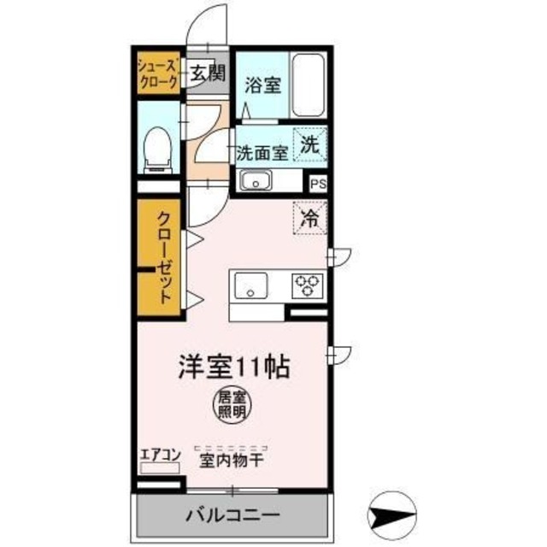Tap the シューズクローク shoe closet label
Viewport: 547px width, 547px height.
point(159,74)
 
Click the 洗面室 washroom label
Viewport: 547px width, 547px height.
point(262,154)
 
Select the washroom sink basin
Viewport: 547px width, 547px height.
point(256,180)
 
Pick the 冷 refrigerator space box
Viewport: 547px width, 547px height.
point(311,217)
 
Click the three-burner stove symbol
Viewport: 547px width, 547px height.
point(306,285)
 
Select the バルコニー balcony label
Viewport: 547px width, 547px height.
point(232,515)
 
